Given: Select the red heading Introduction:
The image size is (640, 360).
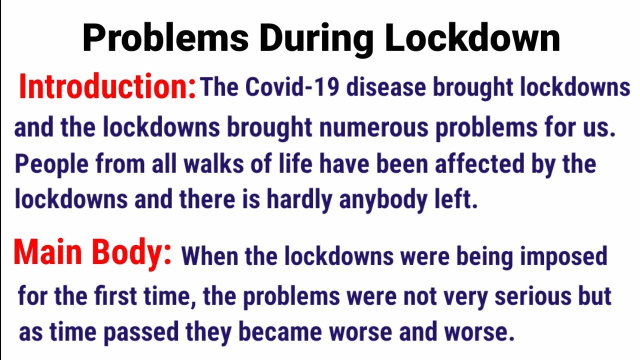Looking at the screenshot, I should pyautogui.click(x=107, y=87).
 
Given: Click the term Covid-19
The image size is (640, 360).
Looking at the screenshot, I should pyautogui.click(x=292, y=87).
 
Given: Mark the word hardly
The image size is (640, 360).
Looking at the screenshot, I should pyautogui.click(x=299, y=200).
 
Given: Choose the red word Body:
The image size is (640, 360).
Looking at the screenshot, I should pyautogui.click(x=135, y=253).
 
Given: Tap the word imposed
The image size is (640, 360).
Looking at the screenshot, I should pyautogui.click(x=563, y=256).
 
